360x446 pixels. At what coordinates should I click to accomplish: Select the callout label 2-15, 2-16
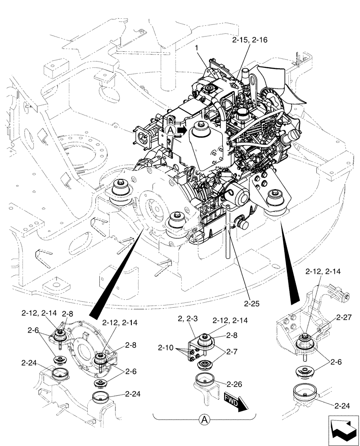click(250, 40)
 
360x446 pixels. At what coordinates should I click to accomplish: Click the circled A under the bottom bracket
click(204, 419)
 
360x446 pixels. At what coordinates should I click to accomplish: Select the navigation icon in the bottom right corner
click(343, 430)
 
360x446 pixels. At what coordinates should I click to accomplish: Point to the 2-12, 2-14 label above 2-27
click(323, 271)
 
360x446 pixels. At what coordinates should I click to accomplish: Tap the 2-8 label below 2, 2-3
click(231, 334)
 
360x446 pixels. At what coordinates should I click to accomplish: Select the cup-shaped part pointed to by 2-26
click(207, 382)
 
